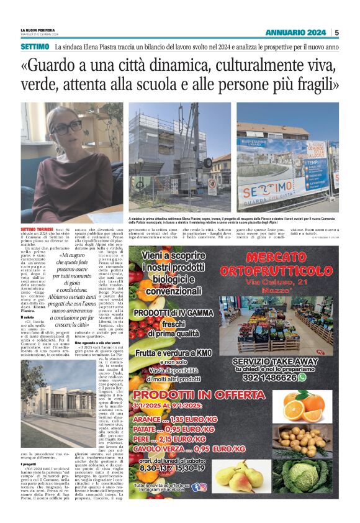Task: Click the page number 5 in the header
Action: click(x=336, y=32)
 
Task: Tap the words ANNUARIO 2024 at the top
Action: click(x=295, y=32)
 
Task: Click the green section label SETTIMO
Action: click(x=35, y=47)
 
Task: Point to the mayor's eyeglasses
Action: click(x=66, y=127)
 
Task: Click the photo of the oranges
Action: click(x=312, y=406)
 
